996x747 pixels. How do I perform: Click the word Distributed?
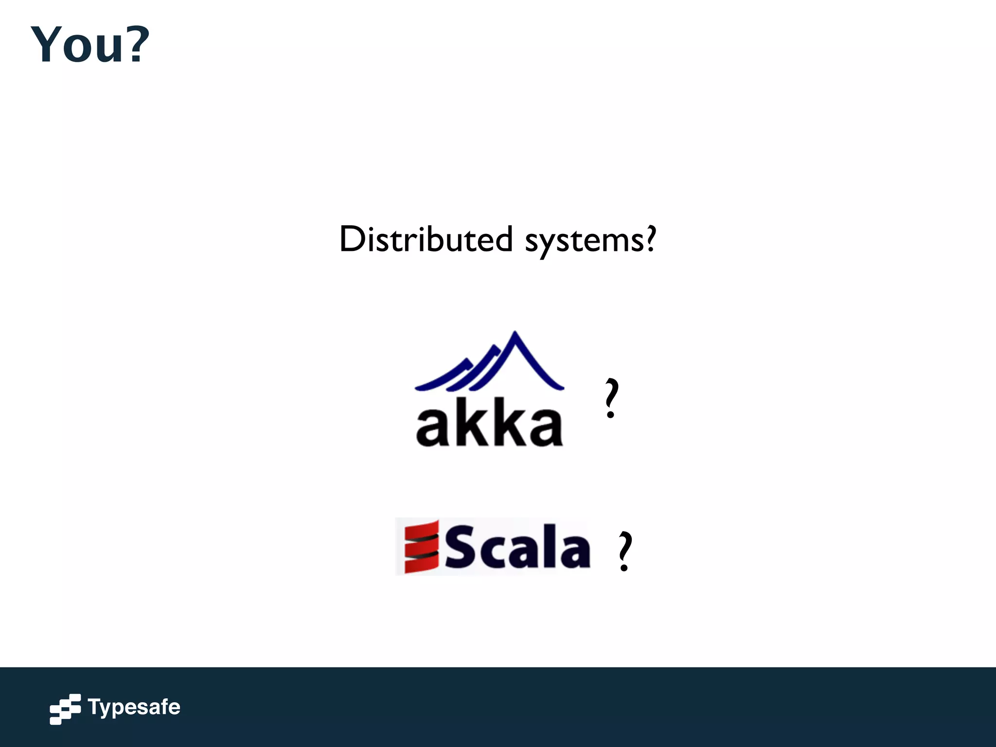426,239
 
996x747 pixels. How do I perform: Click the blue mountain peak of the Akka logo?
515,340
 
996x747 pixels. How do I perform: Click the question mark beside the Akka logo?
611,398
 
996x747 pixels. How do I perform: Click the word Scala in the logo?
517,548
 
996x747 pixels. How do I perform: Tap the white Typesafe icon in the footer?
65,709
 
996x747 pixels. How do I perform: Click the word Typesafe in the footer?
134,707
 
